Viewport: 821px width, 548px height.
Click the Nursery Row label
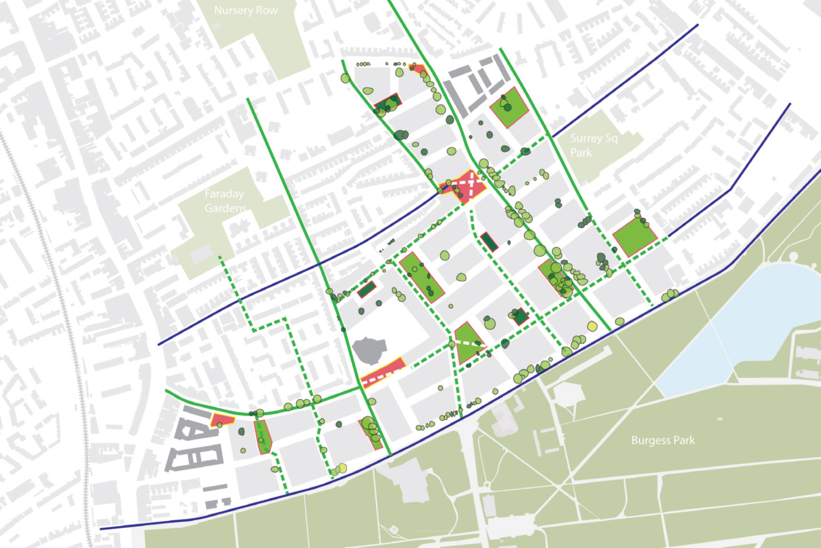pyautogui.click(x=246, y=10)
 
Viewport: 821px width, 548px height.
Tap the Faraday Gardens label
pyautogui.click(x=225, y=201)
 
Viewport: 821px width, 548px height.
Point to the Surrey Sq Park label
pyautogui.click(x=593, y=145)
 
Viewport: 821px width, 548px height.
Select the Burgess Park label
pyautogui.click(x=663, y=440)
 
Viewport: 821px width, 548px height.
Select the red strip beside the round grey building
pyautogui.click(x=383, y=372)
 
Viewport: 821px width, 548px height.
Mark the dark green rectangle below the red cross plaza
pyautogui.click(x=489, y=241)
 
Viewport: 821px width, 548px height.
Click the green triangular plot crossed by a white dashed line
pyautogui.click(x=468, y=342)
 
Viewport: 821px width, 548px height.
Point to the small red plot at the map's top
pyautogui.click(x=419, y=70)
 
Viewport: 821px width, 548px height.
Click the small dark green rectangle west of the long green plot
pyautogui.click(x=367, y=290)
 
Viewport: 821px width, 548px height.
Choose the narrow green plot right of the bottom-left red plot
pyautogui.click(x=264, y=437)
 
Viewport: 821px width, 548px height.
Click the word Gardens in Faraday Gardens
pyautogui.click(x=226, y=208)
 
